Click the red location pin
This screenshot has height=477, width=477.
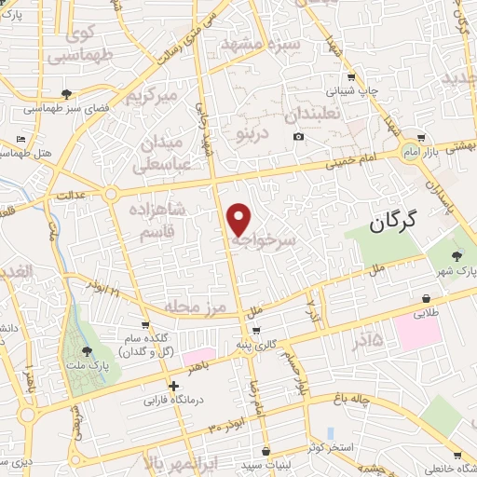239,218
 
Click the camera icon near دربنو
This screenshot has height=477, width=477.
298,137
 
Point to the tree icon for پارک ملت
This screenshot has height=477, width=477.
88,351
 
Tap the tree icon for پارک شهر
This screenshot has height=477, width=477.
457,255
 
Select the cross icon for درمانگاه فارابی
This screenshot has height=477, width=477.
173,386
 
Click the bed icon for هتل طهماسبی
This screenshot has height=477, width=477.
21,140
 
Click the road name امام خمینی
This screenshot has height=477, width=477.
350,161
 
